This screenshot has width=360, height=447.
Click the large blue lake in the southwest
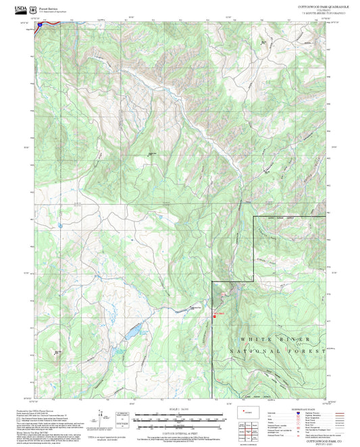click(132, 330)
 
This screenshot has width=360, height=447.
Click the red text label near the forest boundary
click(217, 313)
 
